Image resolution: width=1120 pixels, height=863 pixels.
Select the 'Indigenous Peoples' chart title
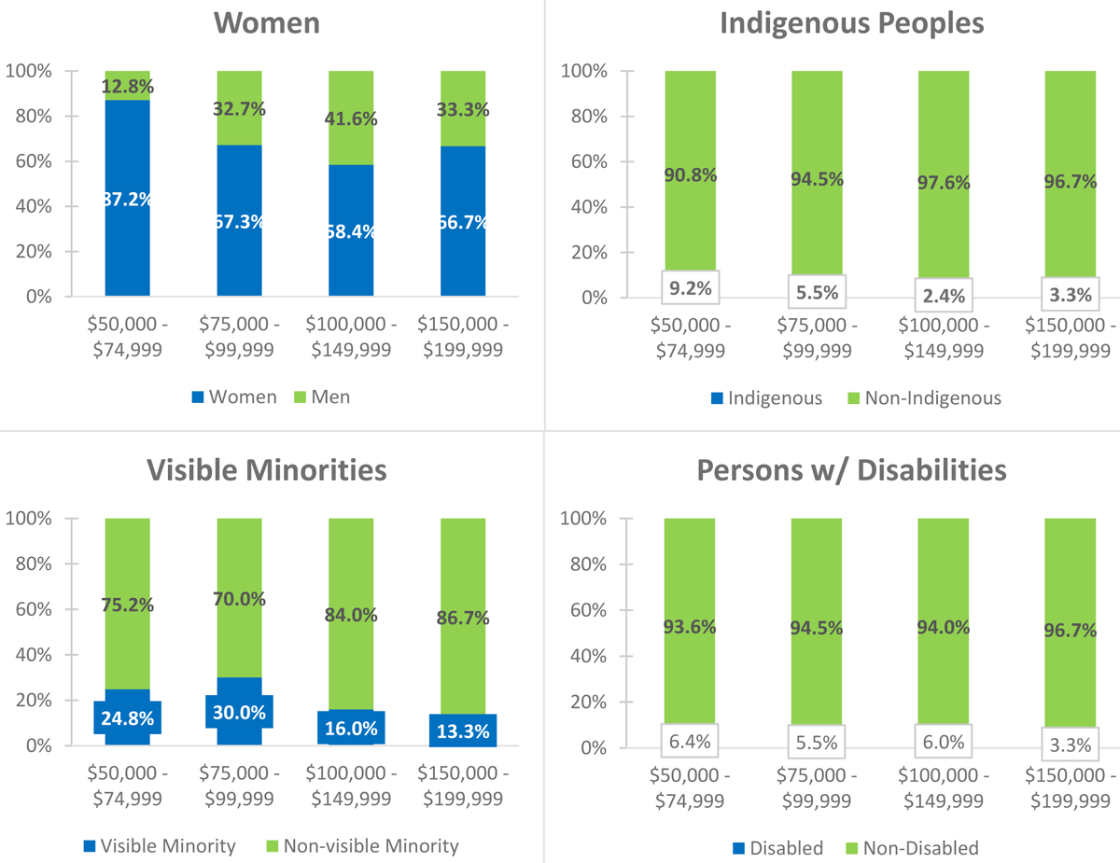coord(851,23)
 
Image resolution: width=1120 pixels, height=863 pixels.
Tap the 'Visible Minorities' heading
coord(267,470)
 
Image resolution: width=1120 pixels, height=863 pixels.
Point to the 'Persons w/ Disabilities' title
coord(851,470)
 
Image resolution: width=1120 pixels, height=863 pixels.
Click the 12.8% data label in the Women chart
coord(127,87)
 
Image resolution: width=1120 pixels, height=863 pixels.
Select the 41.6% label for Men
coord(351,118)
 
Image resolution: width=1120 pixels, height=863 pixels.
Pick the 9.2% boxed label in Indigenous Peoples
coord(691,289)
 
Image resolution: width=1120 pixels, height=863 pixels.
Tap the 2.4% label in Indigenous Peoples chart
coord(944,297)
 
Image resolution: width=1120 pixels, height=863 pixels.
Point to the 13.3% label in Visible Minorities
coord(463,731)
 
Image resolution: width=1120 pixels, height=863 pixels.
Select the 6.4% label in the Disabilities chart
coord(691,741)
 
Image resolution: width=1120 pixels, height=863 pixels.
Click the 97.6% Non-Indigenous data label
coord(944,183)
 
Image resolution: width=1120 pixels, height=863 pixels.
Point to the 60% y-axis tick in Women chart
coord(34,161)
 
